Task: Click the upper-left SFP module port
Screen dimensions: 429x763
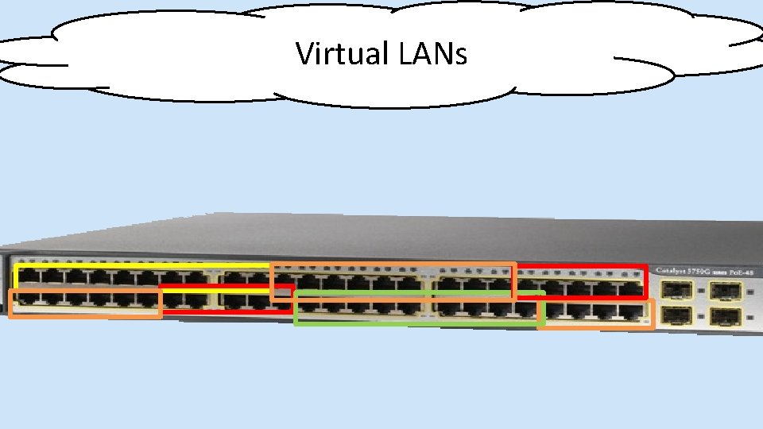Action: pyautogui.click(x=674, y=291)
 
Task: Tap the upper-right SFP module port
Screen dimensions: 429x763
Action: pyautogui.click(x=725, y=291)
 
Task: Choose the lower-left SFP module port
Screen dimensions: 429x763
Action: pyautogui.click(x=674, y=317)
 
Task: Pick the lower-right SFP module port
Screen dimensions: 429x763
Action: pyautogui.click(x=725, y=317)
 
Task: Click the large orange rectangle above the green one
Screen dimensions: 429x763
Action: pyautogui.click(x=393, y=265)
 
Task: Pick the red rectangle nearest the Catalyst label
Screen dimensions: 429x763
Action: pyautogui.click(x=645, y=282)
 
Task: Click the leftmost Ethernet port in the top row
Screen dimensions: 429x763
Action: pyautogui.click(x=29, y=277)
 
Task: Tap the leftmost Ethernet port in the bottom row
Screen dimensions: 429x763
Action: pyautogui.click(x=29, y=299)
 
